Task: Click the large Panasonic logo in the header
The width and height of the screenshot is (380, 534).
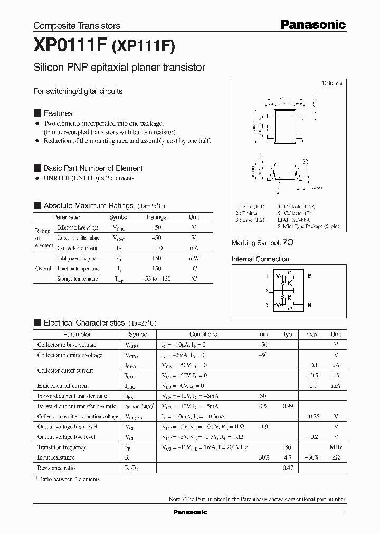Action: (312, 24)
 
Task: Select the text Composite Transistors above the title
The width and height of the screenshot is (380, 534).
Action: (77, 26)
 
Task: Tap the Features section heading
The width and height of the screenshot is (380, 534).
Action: (58, 113)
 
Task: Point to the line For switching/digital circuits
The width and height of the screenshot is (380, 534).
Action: (78, 91)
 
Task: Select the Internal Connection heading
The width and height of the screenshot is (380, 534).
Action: (260, 259)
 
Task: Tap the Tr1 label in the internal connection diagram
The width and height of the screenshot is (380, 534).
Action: (288, 272)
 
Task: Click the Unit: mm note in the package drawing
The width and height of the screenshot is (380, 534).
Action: (332, 83)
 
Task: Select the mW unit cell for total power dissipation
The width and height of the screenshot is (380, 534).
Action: (194, 258)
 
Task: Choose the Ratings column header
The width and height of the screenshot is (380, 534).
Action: (156, 217)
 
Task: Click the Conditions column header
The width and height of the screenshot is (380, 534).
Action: (203, 334)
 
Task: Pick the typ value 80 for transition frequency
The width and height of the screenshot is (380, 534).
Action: (288, 447)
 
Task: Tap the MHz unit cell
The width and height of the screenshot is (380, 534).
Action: (336, 447)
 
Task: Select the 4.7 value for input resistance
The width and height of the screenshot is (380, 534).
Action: (288, 457)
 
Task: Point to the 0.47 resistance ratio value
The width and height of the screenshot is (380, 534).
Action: (288, 468)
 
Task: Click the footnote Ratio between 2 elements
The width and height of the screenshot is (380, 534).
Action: (69, 479)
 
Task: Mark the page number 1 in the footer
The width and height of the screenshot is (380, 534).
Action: (344, 513)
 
